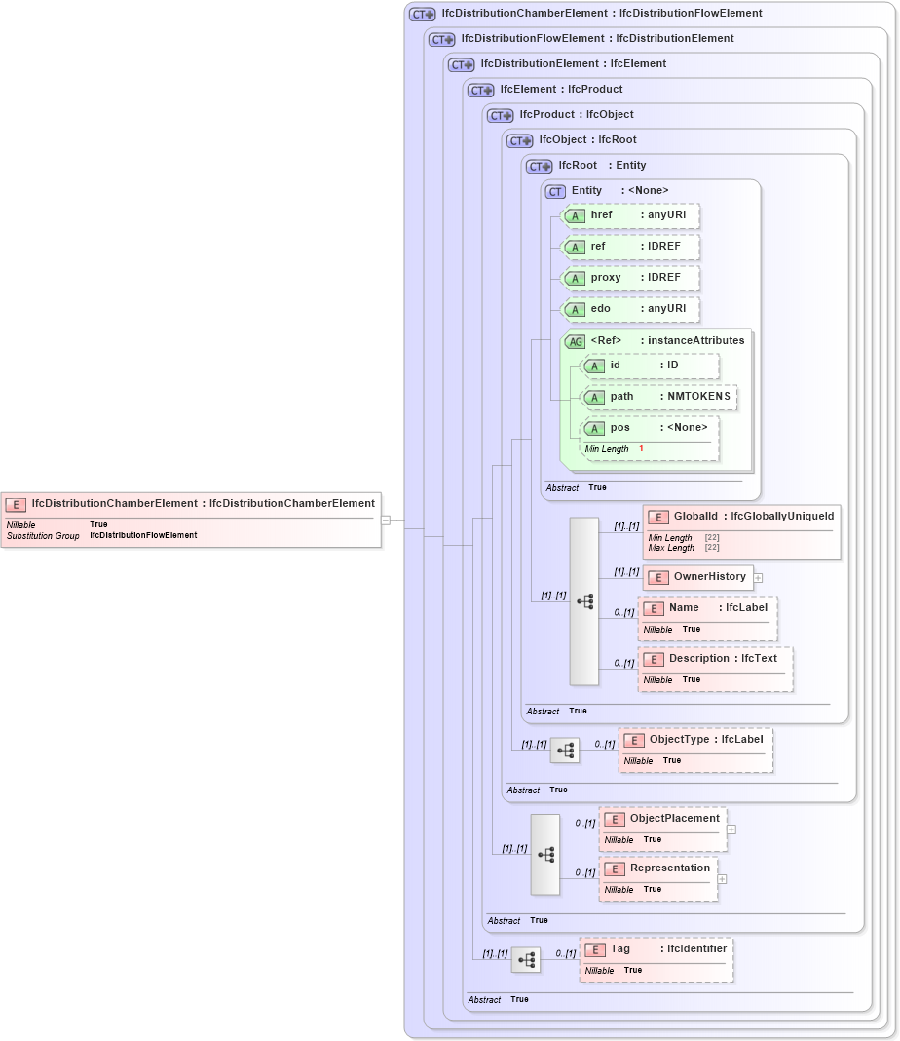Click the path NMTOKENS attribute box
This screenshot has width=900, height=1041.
click(x=658, y=397)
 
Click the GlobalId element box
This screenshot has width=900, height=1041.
click(x=741, y=532)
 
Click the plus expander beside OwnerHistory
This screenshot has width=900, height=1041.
click(x=758, y=578)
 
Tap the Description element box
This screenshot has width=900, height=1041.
click(x=715, y=669)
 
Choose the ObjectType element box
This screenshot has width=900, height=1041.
click(x=695, y=750)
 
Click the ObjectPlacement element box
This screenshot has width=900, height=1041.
click(x=662, y=829)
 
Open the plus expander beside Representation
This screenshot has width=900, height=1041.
click(x=723, y=879)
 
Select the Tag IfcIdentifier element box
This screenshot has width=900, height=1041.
click(x=656, y=959)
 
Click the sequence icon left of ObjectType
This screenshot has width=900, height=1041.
click(x=565, y=751)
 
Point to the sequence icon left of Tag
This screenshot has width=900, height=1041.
click(x=526, y=960)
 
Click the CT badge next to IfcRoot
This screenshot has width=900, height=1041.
click(x=540, y=166)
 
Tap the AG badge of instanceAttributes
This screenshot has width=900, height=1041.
click(x=576, y=341)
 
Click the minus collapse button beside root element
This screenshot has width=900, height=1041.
click(x=386, y=520)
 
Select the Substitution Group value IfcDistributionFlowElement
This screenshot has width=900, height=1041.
click(x=143, y=535)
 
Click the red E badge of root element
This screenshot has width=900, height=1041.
click(x=16, y=504)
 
